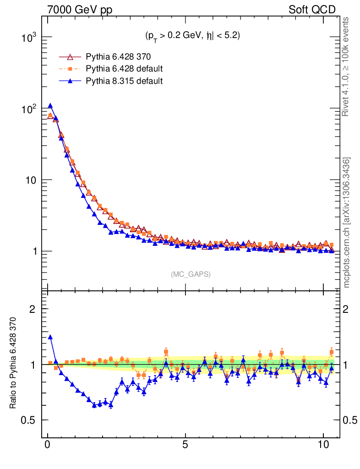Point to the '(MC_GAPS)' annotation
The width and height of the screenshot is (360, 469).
(x=191, y=274)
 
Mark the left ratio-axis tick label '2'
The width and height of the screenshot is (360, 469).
(x=33, y=309)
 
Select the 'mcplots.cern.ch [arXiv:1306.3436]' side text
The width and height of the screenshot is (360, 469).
(x=347, y=223)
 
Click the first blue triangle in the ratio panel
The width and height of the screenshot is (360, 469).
(x=50, y=337)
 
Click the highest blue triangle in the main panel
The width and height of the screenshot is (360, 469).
(x=50, y=106)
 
